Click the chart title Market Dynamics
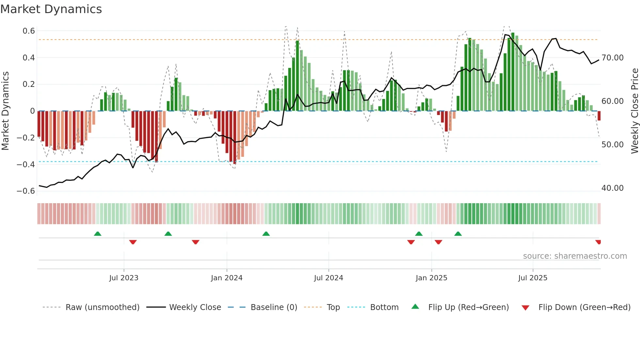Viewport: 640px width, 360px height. pyautogui.click(x=51, y=9)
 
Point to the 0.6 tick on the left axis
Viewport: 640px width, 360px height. pyautogui.click(x=29, y=31)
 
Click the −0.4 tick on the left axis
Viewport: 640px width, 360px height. pyautogui.click(x=26, y=164)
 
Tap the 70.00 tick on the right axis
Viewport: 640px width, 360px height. pyautogui.click(x=613, y=58)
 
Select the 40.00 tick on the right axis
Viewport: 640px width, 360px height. pyautogui.click(x=613, y=188)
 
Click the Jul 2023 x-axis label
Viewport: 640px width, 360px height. pyautogui.click(x=124, y=278)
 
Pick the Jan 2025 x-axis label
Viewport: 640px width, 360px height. pyautogui.click(x=431, y=278)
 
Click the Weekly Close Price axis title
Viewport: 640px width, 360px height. pyautogui.click(x=634, y=111)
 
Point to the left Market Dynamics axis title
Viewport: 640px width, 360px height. pyautogui.click(x=5, y=111)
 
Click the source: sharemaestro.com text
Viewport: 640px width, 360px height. pyautogui.click(x=575, y=256)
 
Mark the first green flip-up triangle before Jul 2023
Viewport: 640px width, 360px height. pyautogui.click(x=98, y=234)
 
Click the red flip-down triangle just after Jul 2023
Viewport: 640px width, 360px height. pyautogui.click(x=133, y=242)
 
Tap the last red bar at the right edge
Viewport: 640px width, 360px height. pyautogui.click(x=599, y=116)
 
